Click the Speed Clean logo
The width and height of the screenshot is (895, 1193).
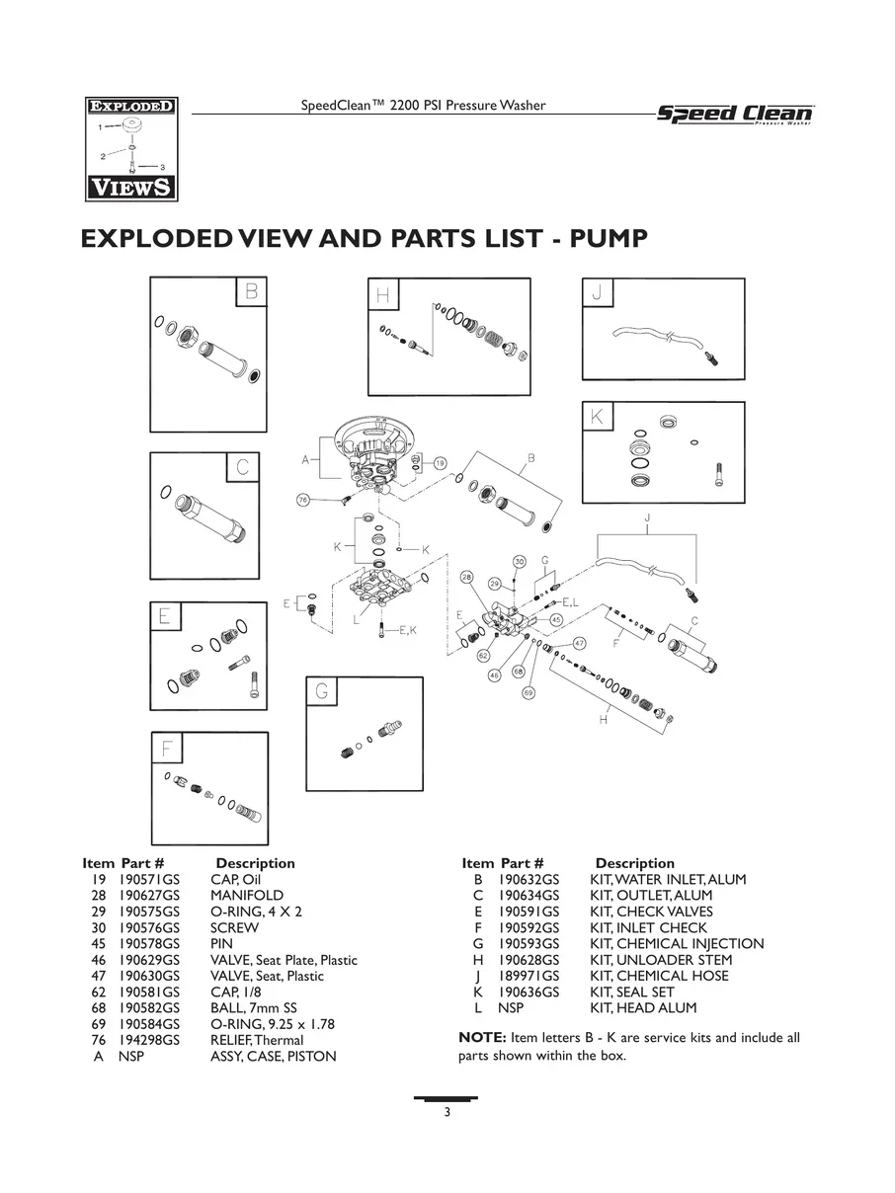(x=735, y=115)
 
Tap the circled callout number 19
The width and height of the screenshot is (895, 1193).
(x=440, y=463)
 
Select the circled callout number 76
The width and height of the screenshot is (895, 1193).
(x=303, y=500)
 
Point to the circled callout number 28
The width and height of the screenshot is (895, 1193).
(x=467, y=577)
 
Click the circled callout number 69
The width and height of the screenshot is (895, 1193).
(x=529, y=692)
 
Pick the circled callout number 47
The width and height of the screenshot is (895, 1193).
(x=579, y=644)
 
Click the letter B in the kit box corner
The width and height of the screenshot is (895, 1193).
(x=251, y=292)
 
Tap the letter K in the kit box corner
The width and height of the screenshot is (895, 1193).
(x=597, y=417)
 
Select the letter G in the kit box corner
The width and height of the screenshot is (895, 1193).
(x=322, y=691)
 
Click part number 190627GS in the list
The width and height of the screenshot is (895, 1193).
(x=149, y=895)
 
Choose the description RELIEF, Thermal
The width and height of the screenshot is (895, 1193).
(x=257, y=1040)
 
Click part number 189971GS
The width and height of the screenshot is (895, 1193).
(x=529, y=976)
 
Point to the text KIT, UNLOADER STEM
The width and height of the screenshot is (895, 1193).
(x=661, y=960)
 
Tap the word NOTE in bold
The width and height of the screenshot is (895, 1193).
(x=482, y=1038)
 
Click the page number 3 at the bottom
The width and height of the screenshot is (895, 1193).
(x=447, y=1112)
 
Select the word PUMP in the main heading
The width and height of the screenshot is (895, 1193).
(x=609, y=239)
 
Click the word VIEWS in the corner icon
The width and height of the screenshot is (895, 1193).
(x=131, y=188)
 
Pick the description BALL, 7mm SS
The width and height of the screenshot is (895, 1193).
(x=253, y=1007)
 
